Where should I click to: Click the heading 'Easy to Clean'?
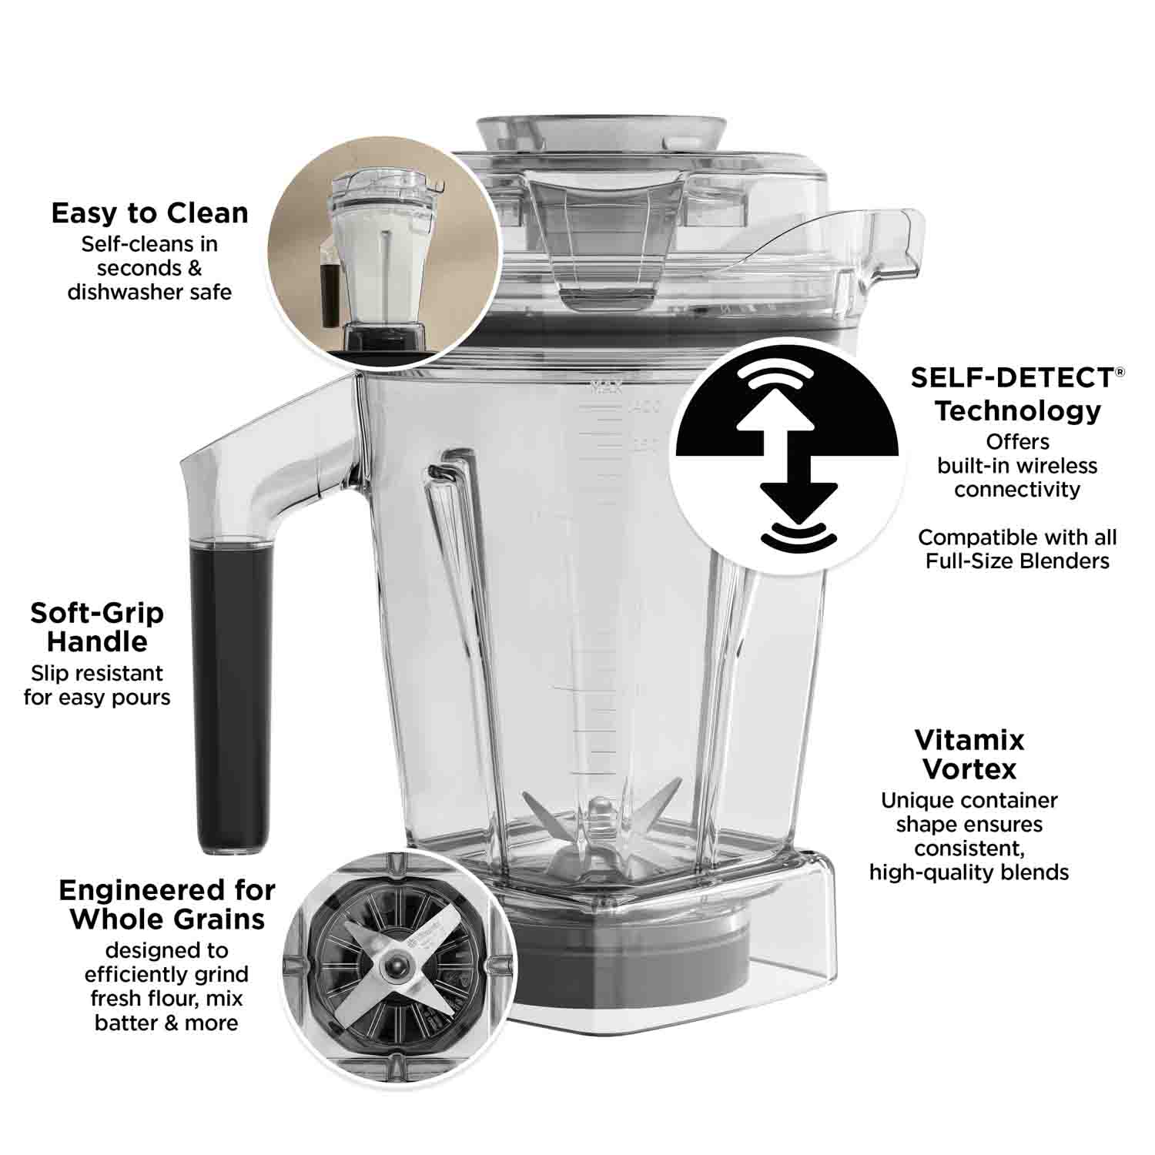(x=150, y=213)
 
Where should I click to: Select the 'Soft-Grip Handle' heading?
(x=97, y=627)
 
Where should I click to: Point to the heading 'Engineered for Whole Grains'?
(x=167, y=904)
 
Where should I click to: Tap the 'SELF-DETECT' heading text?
(x=1011, y=377)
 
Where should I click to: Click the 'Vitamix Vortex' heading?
(x=969, y=754)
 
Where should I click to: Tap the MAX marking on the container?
(x=605, y=387)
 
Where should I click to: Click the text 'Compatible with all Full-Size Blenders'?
(x=1016, y=548)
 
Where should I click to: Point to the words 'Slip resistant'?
(x=97, y=673)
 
